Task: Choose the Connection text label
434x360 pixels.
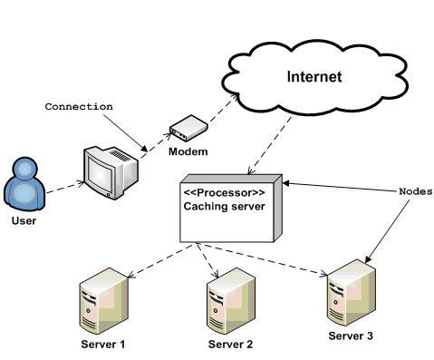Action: click(79, 106)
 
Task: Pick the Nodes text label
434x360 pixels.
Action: click(415, 192)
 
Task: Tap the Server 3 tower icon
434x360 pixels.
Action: click(349, 292)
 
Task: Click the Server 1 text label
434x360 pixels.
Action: click(102, 345)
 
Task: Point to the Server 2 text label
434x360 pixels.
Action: click(230, 345)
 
